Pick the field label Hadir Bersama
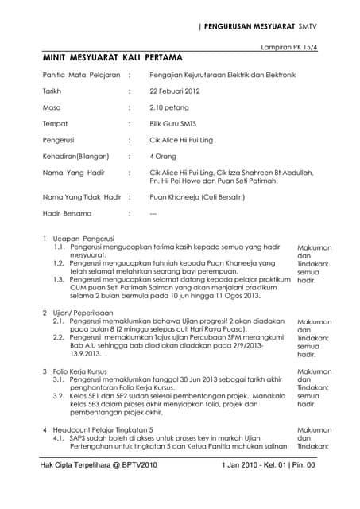68,213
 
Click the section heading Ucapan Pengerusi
83,239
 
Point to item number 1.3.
59,280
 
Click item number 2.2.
59,338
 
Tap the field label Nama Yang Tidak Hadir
81,196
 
